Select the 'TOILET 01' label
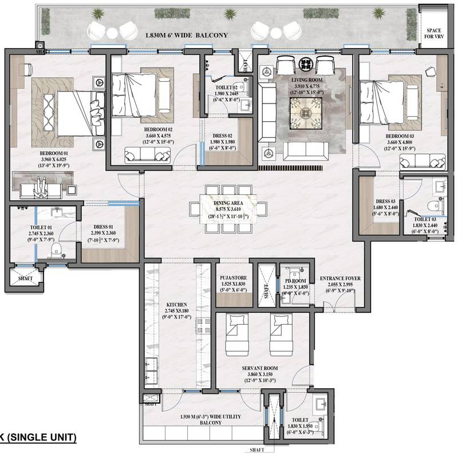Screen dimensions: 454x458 pos(41,227)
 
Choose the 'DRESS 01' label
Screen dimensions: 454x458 pos(106,227)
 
